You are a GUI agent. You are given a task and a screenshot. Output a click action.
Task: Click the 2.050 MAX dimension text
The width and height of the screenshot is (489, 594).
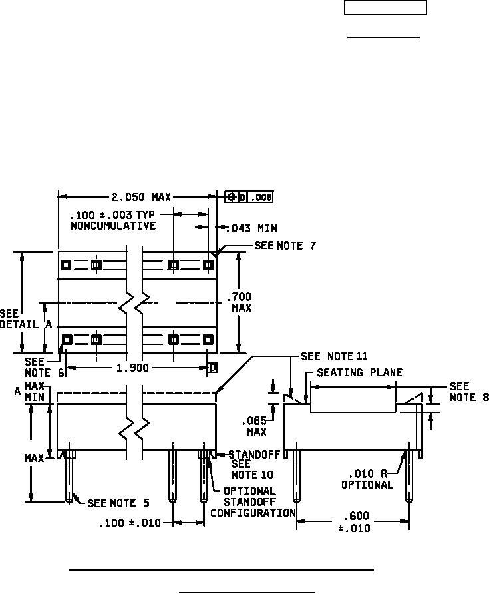[141, 197]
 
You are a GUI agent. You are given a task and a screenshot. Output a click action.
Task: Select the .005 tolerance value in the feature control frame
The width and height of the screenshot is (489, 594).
[261, 197]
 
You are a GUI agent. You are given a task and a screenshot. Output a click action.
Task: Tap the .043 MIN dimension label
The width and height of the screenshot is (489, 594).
[251, 228]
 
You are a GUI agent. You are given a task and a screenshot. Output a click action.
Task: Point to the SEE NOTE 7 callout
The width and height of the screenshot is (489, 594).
[285, 246]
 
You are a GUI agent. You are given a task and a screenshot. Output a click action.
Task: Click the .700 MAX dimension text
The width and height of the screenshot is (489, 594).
[240, 302]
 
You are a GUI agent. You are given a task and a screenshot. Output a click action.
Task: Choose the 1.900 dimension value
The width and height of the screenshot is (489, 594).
[132, 368]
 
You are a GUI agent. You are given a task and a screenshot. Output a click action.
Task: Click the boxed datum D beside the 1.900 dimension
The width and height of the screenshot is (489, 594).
[213, 368]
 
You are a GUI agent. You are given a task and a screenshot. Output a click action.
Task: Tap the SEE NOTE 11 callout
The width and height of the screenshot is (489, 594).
[334, 356]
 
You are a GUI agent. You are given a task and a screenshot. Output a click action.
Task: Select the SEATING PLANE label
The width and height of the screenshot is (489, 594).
[359, 372]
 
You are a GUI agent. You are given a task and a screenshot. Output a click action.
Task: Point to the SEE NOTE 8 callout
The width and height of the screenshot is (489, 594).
[469, 392]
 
